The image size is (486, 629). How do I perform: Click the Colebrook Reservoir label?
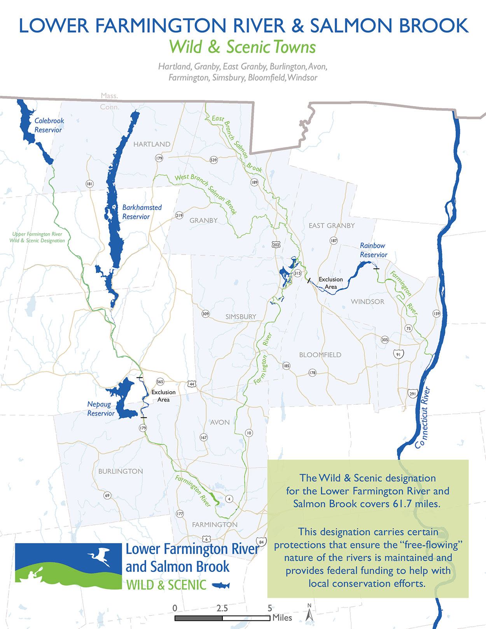pos(49,125)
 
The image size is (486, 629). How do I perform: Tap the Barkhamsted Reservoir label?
pos(142,212)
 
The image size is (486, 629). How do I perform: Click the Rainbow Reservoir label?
pos(373,250)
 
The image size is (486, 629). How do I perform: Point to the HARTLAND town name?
pos(152,144)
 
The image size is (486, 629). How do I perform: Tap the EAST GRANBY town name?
pos(332,225)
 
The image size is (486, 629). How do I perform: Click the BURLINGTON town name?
pos(121,471)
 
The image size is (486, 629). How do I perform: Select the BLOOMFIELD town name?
pos(320,355)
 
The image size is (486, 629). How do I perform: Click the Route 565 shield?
pos(160,382)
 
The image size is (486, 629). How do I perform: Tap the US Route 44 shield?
pos(191,384)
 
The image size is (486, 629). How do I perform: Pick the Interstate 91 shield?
pos(398,355)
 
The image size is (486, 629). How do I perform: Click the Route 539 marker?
pos(213,160)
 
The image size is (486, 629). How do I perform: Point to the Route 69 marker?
pos(107,495)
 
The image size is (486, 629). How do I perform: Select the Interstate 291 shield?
pos(412,393)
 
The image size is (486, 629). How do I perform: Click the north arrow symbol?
pos(309,614)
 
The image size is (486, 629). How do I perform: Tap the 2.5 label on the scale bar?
pos(222,608)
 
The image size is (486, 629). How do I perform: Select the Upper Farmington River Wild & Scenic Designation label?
pos(37,237)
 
